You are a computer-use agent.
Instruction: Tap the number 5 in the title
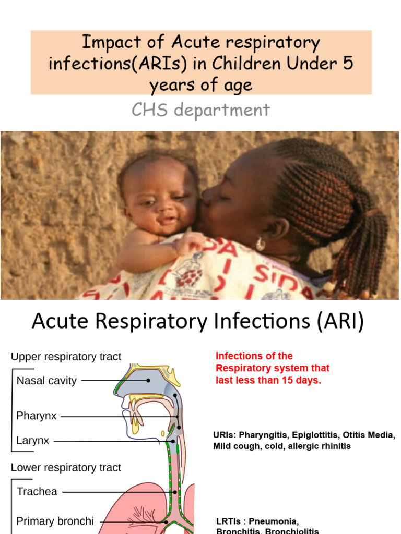[x=347, y=64]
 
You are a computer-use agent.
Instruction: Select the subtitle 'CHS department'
[x=201, y=110]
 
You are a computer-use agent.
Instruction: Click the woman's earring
[x=260, y=244]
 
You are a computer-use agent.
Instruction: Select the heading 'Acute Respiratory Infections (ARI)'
[x=197, y=322]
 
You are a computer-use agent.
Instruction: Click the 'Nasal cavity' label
[x=46, y=381]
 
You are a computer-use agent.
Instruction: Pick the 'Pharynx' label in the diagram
[x=36, y=416]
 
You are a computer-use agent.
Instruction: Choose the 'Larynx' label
[x=32, y=441]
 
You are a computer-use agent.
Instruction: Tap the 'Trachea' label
[x=37, y=492]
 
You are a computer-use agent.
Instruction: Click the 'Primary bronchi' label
[x=55, y=521]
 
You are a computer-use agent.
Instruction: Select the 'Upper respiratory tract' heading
[x=66, y=357]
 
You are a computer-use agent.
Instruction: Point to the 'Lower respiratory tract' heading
[x=66, y=468]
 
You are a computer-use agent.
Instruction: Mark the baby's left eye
[x=179, y=198]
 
